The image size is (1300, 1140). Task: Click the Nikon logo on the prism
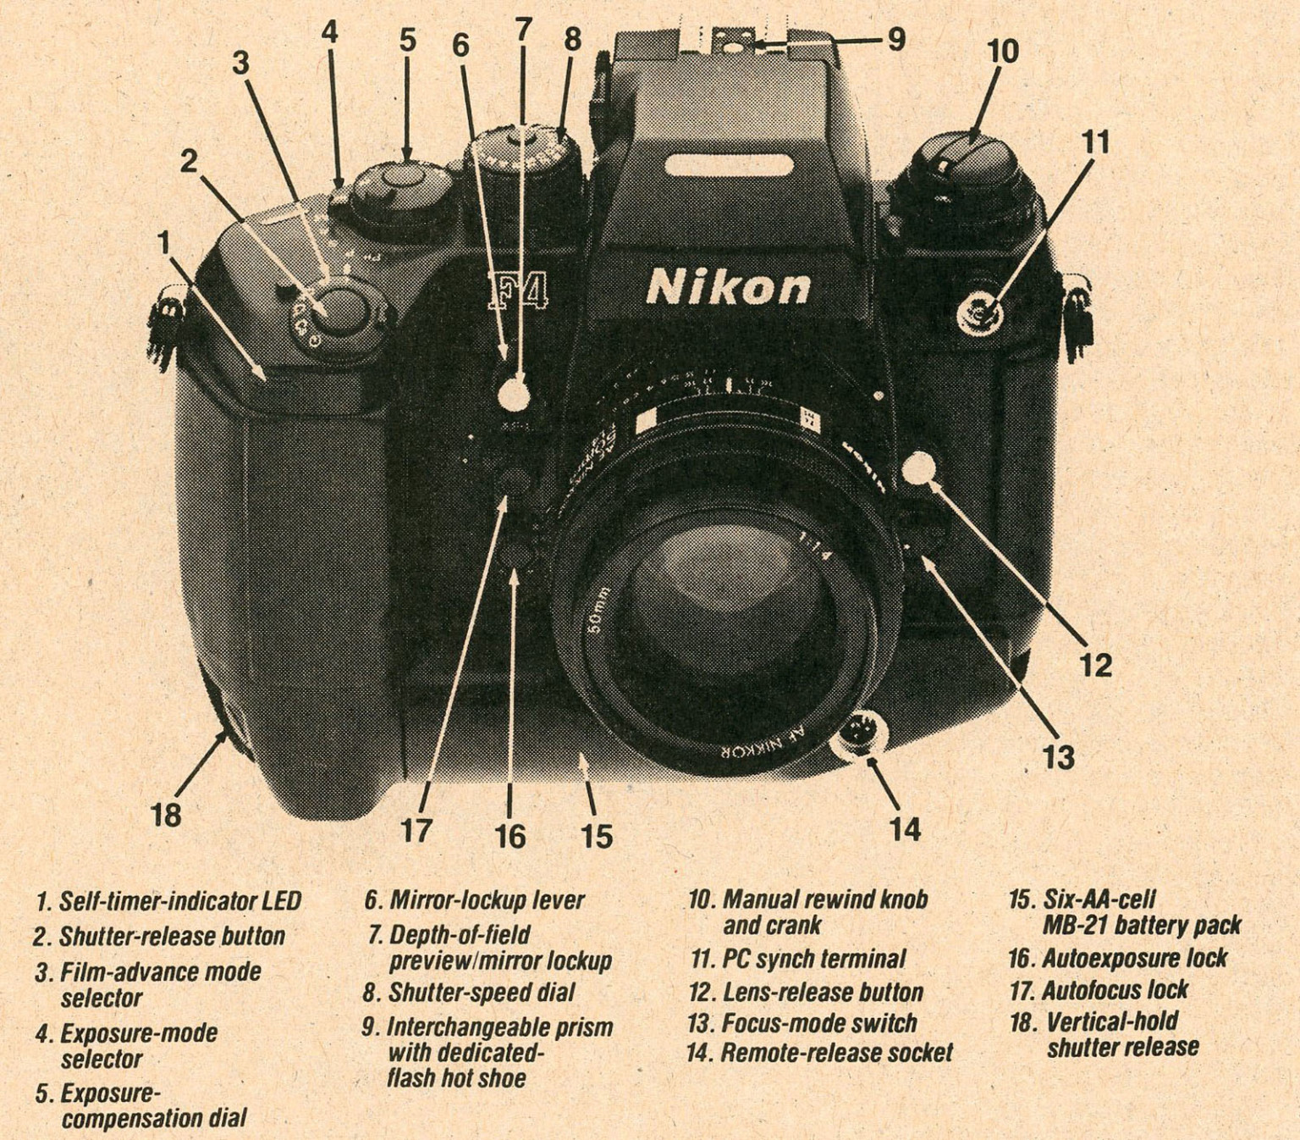pos(728,288)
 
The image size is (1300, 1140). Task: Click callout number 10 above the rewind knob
pos(1003,52)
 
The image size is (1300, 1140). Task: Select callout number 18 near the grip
pos(166,815)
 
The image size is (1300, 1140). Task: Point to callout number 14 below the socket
pos(905,828)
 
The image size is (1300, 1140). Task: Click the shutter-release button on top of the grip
pos(336,312)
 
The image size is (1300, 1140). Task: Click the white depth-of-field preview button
pos(514,394)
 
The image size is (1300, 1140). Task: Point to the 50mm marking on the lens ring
pos(596,610)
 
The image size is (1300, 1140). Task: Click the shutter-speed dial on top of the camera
pos(523,157)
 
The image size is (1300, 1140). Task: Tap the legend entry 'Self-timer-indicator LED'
pos(179,900)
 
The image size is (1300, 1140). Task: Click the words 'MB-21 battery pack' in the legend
pos(1141,925)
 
